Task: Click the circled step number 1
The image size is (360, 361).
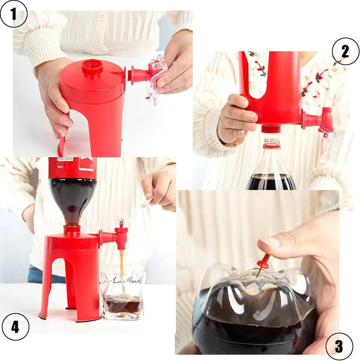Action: (14, 14)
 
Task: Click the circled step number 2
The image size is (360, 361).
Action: (345, 52)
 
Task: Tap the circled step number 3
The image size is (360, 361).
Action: (339, 346)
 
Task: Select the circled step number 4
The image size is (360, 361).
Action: (15, 327)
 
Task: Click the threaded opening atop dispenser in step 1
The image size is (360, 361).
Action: (92, 67)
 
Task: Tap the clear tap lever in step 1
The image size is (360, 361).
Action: (157, 77)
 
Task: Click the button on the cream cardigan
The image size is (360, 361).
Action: (102, 16)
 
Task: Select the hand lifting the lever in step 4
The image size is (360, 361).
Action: (160, 187)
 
